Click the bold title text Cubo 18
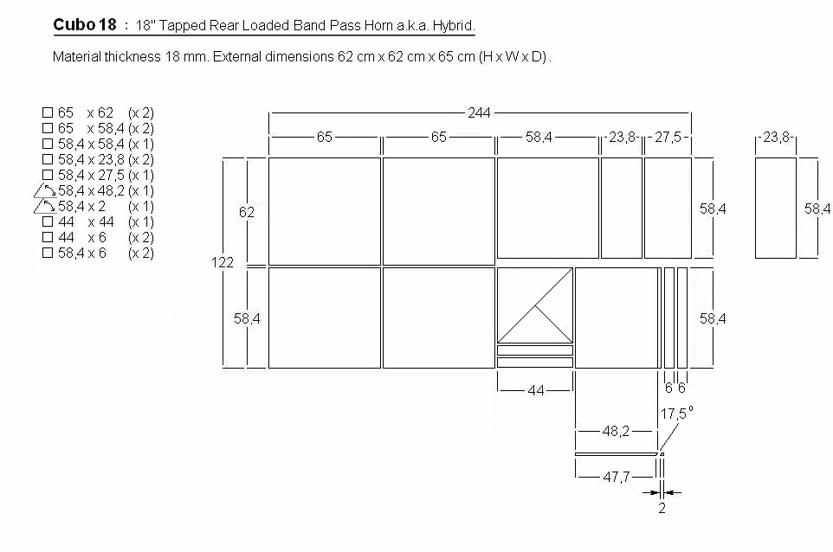(85, 25)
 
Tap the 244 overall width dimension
(479, 112)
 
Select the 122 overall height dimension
(222, 262)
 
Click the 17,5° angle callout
(676, 413)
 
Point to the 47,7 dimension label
(617, 478)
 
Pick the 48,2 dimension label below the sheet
(616, 431)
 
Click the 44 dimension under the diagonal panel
(536, 391)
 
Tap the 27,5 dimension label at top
(668, 137)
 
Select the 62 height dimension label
(247, 212)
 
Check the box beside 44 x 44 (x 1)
(48, 221)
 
